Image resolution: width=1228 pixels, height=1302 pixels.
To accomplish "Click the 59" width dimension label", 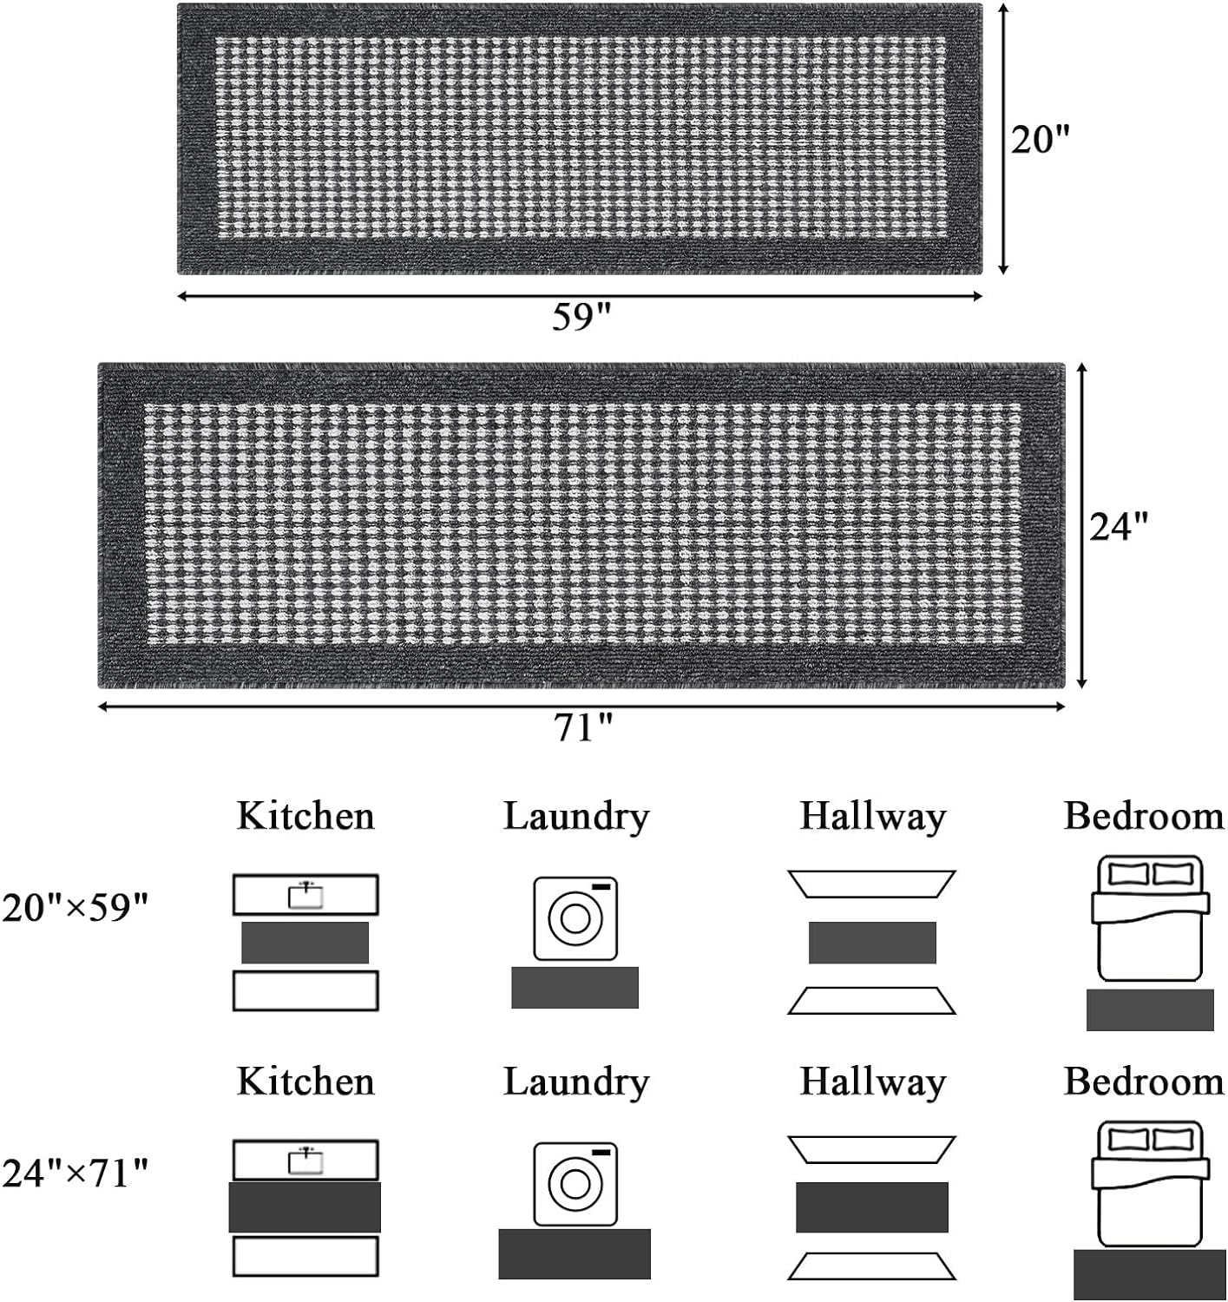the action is (582, 317).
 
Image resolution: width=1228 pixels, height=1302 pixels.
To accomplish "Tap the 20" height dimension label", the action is (1041, 139).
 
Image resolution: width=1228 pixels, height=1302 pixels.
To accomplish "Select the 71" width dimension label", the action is (583, 727).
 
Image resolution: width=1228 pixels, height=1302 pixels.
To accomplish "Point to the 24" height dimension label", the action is (1120, 526).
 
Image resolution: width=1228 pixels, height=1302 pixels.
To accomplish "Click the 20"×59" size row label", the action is (76, 909).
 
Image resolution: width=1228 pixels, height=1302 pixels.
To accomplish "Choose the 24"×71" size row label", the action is (76, 1174).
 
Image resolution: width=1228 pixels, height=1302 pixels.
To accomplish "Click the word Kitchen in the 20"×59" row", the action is (305, 816).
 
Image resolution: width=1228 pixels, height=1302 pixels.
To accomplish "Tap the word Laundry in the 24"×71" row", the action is (576, 1082).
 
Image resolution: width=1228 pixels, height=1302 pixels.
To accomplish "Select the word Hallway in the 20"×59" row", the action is (872, 816).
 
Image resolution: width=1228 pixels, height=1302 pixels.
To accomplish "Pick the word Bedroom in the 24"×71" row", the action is (1144, 1082).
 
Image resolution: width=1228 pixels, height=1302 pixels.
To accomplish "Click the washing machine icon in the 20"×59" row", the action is (575, 917).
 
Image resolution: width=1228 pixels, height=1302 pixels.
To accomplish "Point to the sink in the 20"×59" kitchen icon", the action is (305, 894).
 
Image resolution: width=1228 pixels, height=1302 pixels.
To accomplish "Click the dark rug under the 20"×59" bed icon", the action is (1150, 1009).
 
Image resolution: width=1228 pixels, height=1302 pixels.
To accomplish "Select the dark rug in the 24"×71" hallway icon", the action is (872, 1207).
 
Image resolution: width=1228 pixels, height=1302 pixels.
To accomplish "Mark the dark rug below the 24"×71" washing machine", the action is (575, 1253).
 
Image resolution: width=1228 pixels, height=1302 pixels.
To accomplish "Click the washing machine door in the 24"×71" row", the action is (575, 1184).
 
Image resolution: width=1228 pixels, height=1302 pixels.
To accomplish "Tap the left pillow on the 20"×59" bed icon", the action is (1127, 873).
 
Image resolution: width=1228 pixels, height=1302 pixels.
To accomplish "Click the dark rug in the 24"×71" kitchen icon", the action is (305, 1207).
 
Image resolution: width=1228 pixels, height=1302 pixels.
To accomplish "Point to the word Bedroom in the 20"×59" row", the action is (1144, 816).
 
